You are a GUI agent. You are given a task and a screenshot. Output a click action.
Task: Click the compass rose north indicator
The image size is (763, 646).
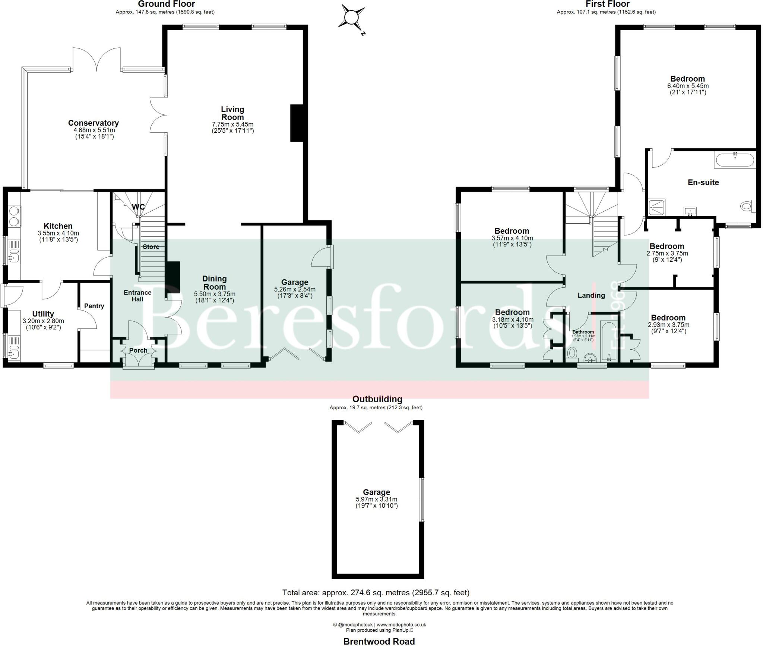(x=351, y=18)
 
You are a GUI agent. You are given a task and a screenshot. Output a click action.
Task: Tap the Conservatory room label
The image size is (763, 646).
(x=93, y=123)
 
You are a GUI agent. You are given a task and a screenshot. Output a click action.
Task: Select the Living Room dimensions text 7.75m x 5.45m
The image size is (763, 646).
(x=232, y=124)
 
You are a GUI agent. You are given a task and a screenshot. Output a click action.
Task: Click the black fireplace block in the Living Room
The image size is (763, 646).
(x=297, y=123)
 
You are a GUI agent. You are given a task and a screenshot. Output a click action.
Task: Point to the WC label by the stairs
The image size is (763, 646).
(x=138, y=207)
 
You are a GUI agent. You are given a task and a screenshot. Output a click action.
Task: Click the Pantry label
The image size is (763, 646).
(x=94, y=306)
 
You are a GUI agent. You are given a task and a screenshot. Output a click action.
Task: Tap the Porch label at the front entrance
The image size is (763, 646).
(x=138, y=350)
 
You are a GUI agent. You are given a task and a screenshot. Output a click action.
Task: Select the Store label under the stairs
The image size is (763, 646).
(x=151, y=247)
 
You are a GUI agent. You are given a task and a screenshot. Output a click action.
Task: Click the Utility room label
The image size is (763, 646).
(x=43, y=314)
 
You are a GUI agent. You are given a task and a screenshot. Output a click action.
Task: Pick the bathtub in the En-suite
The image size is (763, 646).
(x=734, y=160)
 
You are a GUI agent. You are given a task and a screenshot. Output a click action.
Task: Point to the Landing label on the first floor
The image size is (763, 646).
(x=591, y=295)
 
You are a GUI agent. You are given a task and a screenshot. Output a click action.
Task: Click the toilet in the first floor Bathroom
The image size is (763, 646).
(x=571, y=353)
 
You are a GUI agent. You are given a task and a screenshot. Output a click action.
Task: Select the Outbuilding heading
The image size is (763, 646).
(x=377, y=399)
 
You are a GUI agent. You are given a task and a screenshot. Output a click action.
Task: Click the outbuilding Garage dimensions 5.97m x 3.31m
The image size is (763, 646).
(x=376, y=500)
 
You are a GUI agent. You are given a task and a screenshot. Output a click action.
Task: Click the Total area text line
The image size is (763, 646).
(x=376, y=593)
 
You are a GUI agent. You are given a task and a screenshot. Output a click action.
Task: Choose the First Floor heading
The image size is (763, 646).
(x=607, y=4)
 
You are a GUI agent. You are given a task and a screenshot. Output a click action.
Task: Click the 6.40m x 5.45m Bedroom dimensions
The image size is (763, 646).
(x=687, y=86)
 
